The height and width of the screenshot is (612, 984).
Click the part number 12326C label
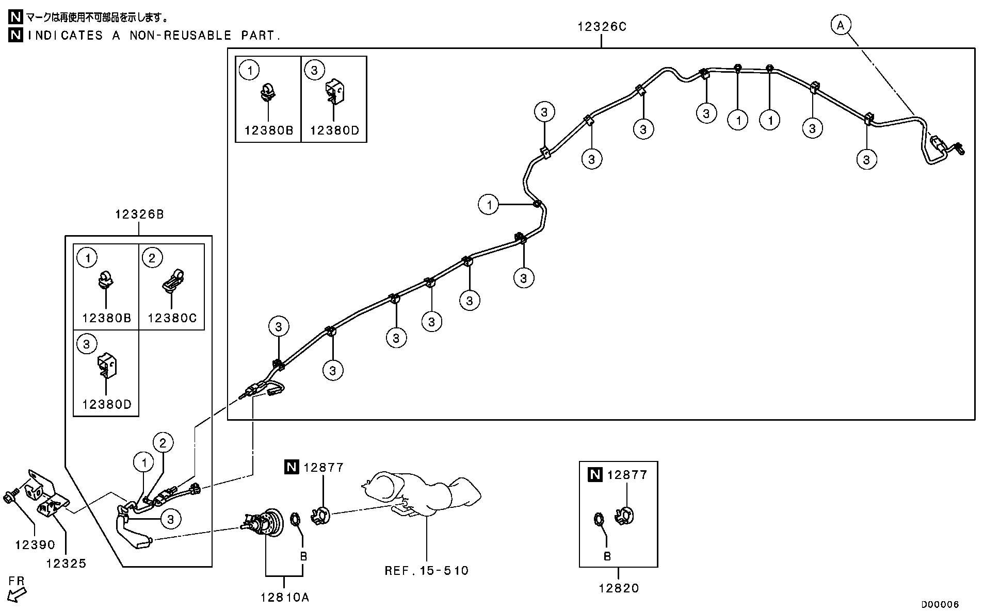coord(602,27)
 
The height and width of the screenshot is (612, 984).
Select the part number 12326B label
coord(139,214)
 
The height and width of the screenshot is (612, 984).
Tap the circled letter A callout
coord(841,25)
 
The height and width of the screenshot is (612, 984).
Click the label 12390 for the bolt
coord(35,545)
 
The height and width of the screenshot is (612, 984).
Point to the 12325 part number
coord(66,564)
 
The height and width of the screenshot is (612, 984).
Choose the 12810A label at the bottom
coord(285,598)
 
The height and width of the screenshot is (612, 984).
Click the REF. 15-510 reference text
coord(427,571)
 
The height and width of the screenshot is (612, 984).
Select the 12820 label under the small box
coord(619,588)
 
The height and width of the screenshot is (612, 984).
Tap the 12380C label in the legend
coord(172,318)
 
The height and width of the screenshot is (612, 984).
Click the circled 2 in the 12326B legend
coord(152,257)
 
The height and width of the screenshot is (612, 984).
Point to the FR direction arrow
coord(16,591)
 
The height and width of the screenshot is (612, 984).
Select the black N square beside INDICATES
coord(16,35)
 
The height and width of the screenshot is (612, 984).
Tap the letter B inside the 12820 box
coord(607,556)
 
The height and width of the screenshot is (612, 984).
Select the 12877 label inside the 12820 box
coord(627,475)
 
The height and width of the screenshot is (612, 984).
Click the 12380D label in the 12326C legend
coord(334,130)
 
